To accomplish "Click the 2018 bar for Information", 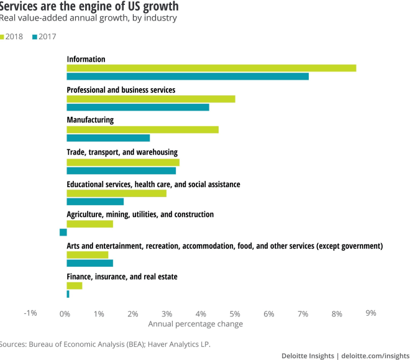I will [x=211, y=68].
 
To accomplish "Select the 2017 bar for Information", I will [x=188, y=76].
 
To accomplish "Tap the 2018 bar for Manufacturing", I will [x=142, y=129].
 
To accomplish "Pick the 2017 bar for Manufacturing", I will [x=108, y=138].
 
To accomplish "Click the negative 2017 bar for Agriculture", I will [x=63, y=232].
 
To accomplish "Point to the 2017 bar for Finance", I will [x=68, y=294].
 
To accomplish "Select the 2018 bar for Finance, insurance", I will [x=75, y=285].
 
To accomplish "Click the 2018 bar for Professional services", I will [x=151, y=99].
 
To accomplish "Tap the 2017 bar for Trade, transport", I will [x=121, y=171].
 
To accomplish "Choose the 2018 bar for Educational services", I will [x=117, y=193].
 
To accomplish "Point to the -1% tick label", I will [x=30, y=313].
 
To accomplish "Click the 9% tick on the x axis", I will [x=371, y=313].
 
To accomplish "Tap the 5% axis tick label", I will [x=235, y=313].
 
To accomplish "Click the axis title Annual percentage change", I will [x=196, y=324].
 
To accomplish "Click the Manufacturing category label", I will [x=90, y=120].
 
